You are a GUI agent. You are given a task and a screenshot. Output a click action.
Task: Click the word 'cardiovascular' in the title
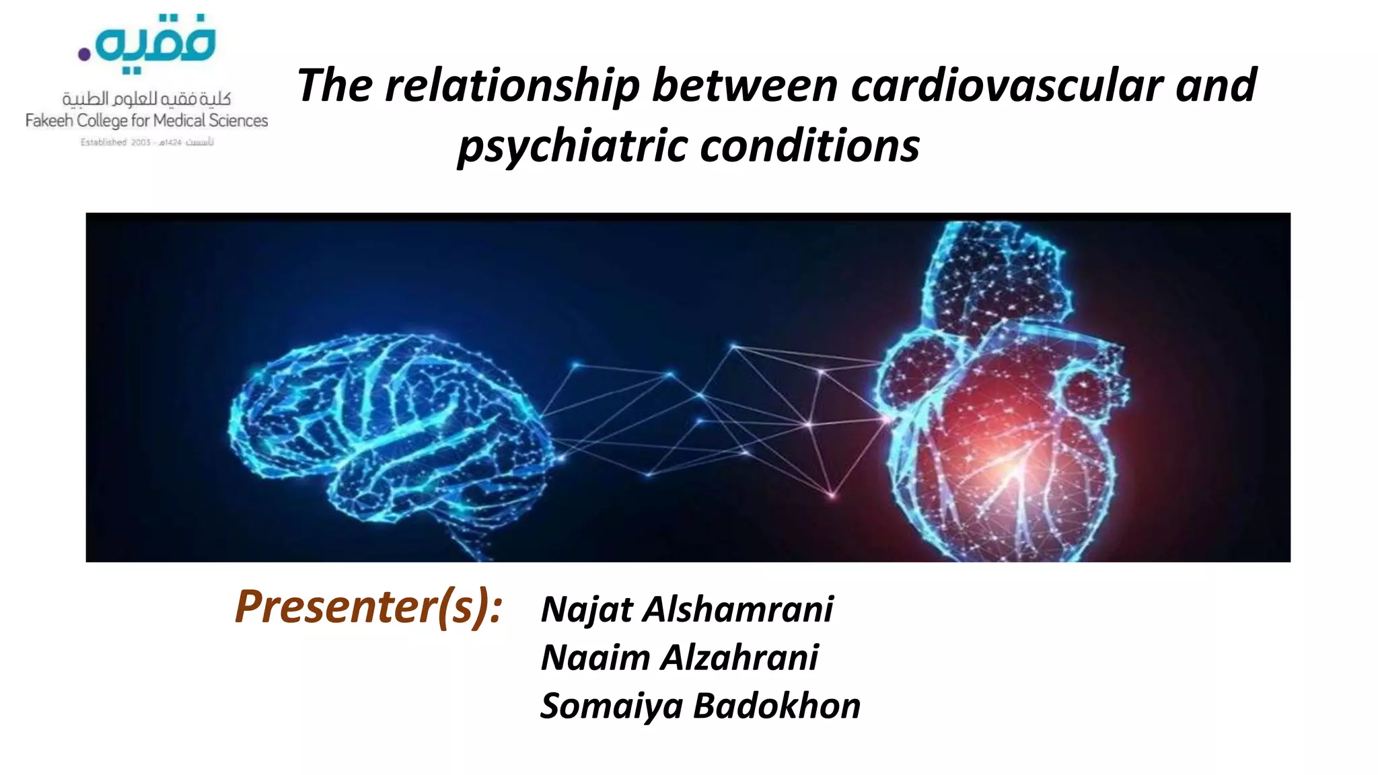tap(1007, 86)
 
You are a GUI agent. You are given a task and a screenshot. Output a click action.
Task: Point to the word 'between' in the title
tap(745, 86)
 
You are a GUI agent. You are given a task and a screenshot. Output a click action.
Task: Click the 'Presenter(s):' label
tap(369, 607)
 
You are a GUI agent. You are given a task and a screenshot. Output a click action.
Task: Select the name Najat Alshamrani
tap(687, 610)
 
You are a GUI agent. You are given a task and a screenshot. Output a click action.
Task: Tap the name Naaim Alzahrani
tap(680, 657)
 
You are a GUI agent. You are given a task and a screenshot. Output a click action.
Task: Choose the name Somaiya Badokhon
tap(700, 706)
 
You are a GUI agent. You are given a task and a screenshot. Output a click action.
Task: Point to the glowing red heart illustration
tap(1003, 417)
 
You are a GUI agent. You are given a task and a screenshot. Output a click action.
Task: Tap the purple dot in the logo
tap(84, 54)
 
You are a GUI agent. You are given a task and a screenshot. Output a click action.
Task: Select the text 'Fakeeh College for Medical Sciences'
tap(147, 121)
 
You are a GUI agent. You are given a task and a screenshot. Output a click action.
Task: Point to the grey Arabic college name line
tap(147, 100)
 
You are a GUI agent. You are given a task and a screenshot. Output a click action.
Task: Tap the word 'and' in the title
tap(1216, 86)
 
